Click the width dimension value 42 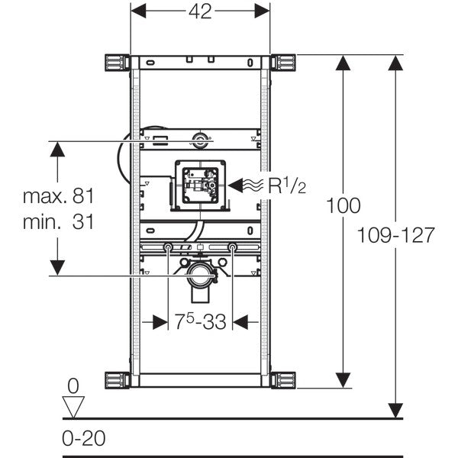[200, 11]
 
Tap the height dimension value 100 [343, 205]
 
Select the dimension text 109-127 [396, 236]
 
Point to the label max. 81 [58, 196]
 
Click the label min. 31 [58, 223]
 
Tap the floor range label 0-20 [83, 439]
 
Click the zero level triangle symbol [73, 406]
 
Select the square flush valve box [200, 185]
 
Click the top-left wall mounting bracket [114, 61]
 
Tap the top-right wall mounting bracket [284, 61]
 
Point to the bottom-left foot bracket [114, 379]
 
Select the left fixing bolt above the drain [167, 247]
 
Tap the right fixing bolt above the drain [232, 247]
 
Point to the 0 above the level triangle [73, 385]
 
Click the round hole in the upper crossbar [200, 139]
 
